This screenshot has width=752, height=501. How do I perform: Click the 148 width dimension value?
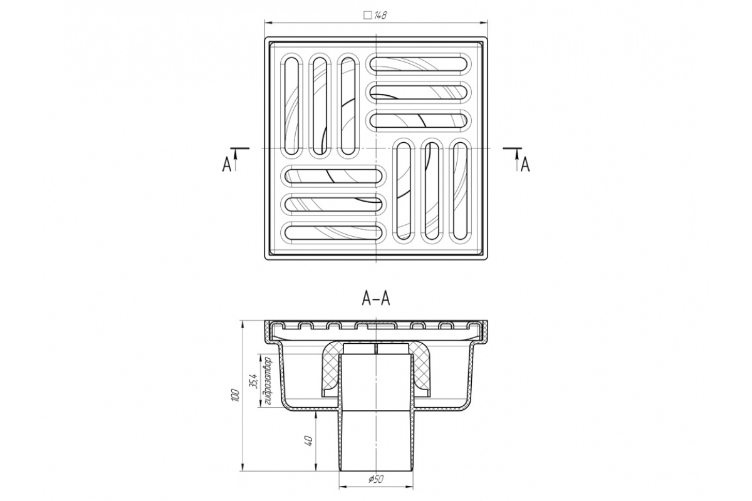click(380, 16)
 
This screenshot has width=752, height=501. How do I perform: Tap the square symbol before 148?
click(368, 16)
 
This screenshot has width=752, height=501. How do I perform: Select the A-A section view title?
click(375, 298)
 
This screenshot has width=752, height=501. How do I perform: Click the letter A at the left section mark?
click(227, 165)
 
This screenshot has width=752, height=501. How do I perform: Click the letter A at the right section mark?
click(525, 165)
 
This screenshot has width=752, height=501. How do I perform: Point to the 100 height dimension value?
click(236, 396)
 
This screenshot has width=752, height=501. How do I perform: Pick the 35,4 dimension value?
click(254, 381)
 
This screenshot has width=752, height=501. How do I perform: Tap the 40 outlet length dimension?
click(309, 441)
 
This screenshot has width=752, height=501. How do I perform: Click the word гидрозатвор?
click(268, 382)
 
